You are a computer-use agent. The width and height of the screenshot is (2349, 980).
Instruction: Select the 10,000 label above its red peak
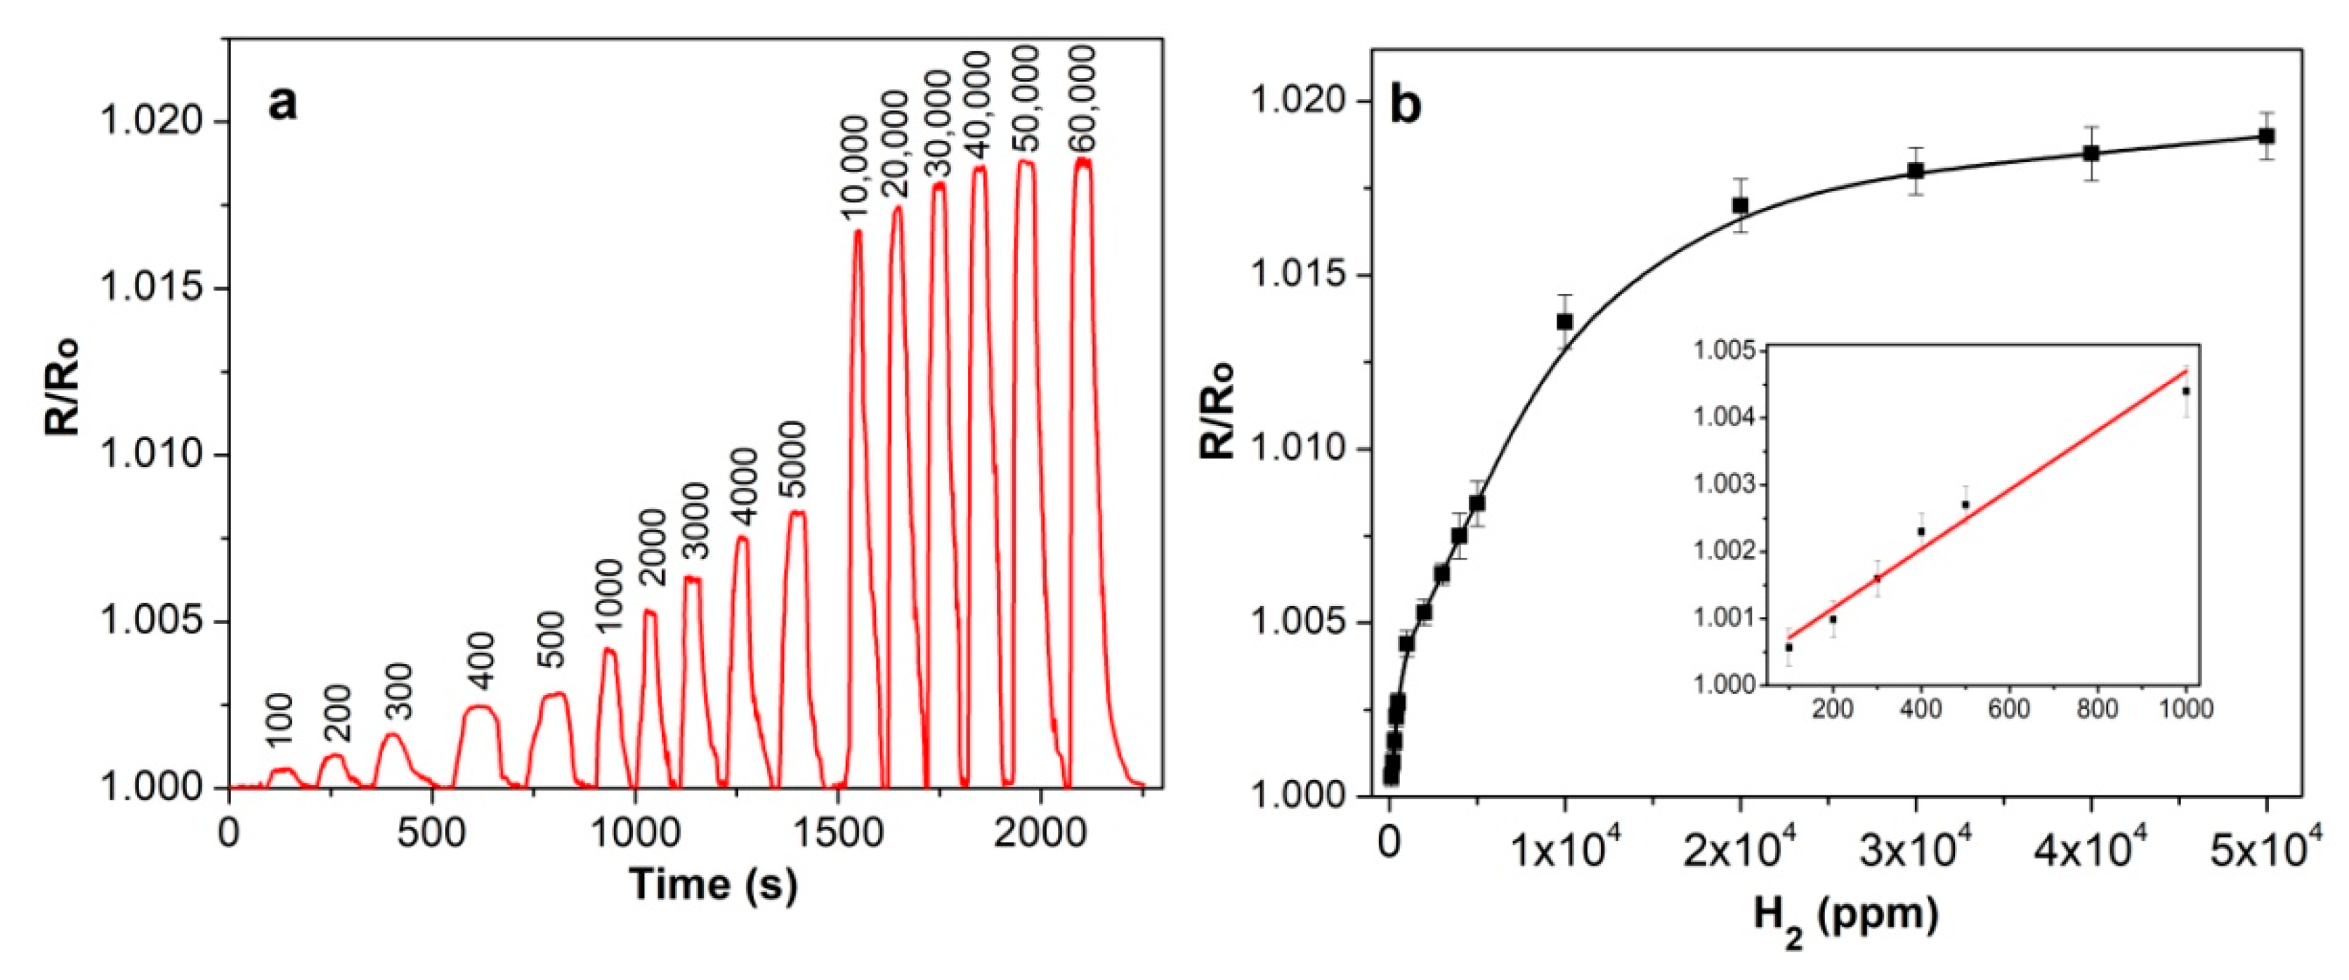point(854,180)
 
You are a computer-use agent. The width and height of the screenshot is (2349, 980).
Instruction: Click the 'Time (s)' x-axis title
point(713,885)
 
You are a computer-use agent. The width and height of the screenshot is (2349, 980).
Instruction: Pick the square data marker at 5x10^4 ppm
point(2266,137)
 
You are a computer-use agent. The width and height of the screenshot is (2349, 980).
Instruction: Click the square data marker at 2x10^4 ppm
point(1740,205)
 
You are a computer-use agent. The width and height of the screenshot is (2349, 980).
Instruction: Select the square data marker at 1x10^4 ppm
point(1565,322)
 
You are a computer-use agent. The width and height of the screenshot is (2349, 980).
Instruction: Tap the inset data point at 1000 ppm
point(2186,391)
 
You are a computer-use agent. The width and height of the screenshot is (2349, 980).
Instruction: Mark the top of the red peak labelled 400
point(479,706)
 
